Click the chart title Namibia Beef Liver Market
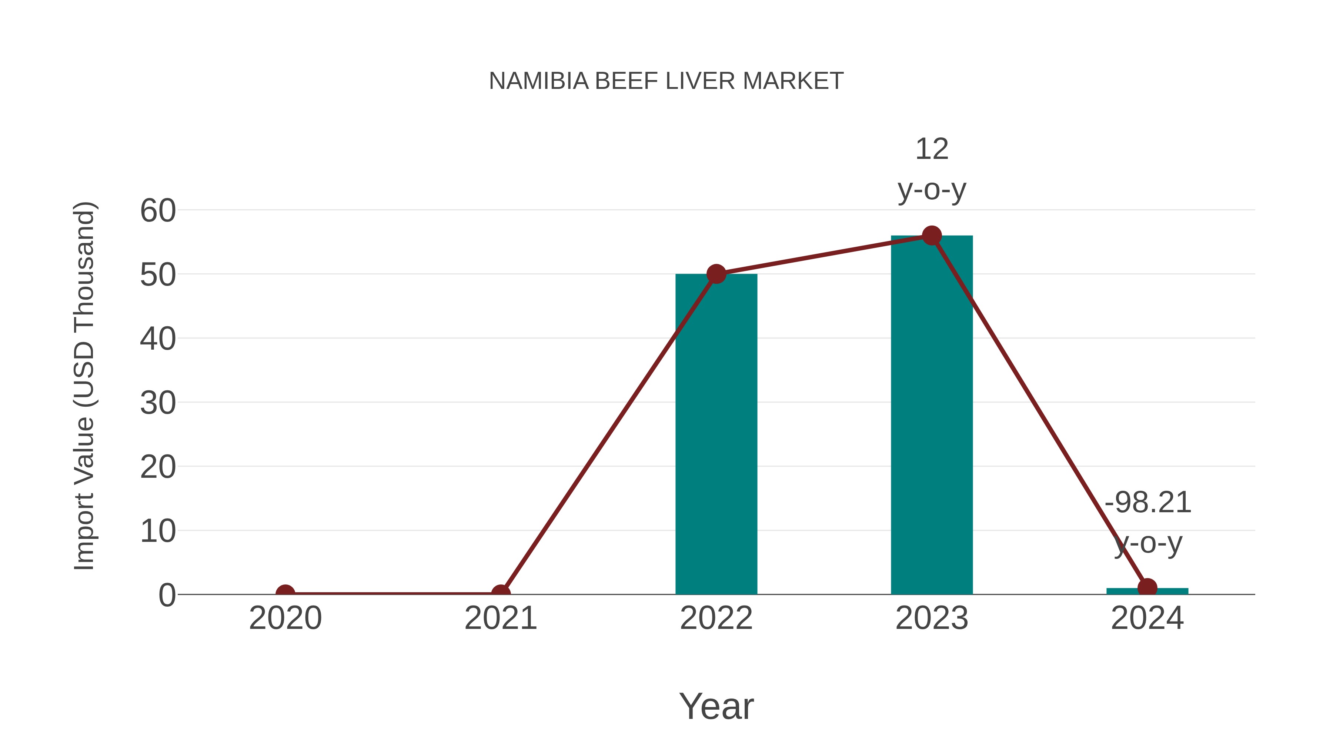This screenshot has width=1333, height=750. point(666,81)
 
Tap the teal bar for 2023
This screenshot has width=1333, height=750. point(932,414)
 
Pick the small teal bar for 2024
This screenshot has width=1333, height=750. point(1147,591)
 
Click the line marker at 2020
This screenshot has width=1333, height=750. point(285,593)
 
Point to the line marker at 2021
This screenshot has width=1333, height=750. point(500,593)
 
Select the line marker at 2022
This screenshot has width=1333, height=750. point(716,274)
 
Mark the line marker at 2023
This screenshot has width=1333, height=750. point(932,236)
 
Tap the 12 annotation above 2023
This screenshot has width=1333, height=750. point(932,150)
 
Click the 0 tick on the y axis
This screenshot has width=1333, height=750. point(167,595)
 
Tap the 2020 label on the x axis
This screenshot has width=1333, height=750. point(285,618)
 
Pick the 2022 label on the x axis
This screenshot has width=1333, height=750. point(716,618)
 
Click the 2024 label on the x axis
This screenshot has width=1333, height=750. point(1147,618)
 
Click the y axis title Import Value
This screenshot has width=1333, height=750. point(84,386)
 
